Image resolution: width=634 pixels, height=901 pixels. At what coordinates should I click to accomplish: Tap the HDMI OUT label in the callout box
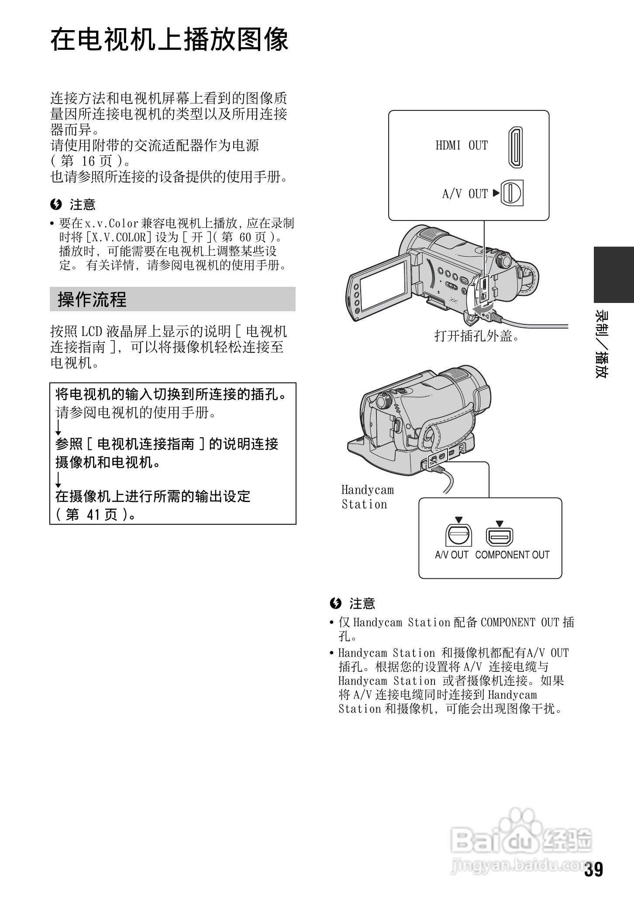462,145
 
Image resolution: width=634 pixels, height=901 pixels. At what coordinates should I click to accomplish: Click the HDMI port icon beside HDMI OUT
515,148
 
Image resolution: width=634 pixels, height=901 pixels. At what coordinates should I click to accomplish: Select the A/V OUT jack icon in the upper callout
512,193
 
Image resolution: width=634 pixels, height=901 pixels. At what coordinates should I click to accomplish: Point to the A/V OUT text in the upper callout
465,193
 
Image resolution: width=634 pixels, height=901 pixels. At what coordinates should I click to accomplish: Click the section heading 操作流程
92,299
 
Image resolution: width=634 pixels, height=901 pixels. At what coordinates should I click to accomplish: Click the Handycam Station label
367,497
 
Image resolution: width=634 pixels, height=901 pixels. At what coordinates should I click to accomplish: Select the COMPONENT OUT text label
512,555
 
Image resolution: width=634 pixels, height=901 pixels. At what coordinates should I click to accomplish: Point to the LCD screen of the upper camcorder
384,284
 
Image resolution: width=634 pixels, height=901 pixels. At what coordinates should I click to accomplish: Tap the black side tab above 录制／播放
613,274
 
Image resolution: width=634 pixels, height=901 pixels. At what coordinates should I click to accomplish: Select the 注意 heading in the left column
82,204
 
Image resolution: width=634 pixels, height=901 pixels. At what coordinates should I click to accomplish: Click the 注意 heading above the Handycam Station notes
362,604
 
